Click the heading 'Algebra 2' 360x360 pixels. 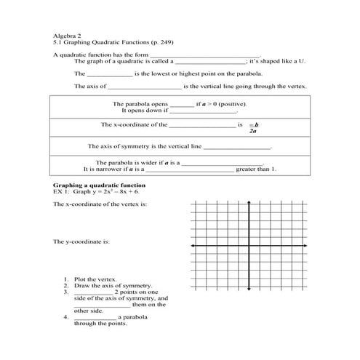coord(66,34)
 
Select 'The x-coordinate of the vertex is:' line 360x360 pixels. coord(100,205)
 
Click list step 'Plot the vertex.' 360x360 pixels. coord(95,279)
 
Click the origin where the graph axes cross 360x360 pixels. coord(249,247)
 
